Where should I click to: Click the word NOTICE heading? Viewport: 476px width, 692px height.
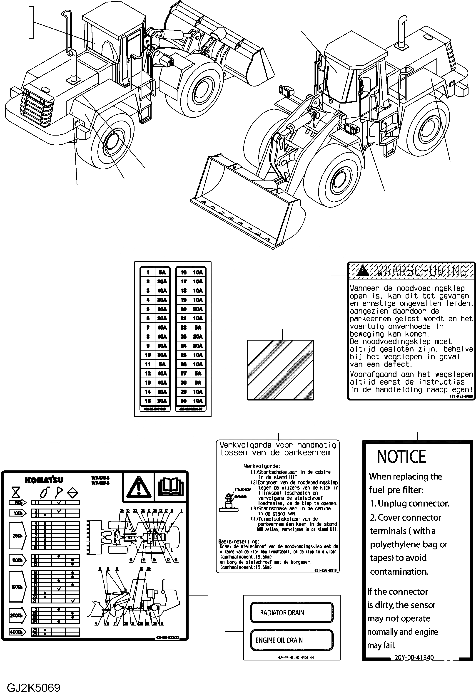click(401, 457)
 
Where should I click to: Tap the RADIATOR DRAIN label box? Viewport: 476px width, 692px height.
click(292, 613)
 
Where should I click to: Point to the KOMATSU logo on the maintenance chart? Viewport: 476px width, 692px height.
click(44, 480)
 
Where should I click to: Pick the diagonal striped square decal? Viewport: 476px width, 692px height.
click(280, 370)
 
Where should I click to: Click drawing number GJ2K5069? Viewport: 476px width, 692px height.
click(33, 686)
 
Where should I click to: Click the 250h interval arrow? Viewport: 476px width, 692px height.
click(17, 536)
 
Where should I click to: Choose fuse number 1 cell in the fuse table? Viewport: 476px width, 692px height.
click(148, 272)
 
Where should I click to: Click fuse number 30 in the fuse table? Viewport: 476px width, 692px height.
click(184, 401)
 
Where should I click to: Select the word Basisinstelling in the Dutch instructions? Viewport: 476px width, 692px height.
click(238, 541)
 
